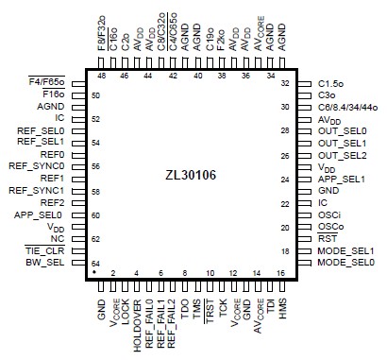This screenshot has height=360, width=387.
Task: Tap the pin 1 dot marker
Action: tap(95, 272)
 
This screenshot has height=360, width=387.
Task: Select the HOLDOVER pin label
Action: tap(137, 320)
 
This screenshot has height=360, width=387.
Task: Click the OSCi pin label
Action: tap(329, 214)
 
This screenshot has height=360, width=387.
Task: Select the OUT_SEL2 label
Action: tap(342, 155)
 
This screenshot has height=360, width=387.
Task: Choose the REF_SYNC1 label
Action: tap(42, 191)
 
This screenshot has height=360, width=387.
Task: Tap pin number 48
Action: tap(101, 74)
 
